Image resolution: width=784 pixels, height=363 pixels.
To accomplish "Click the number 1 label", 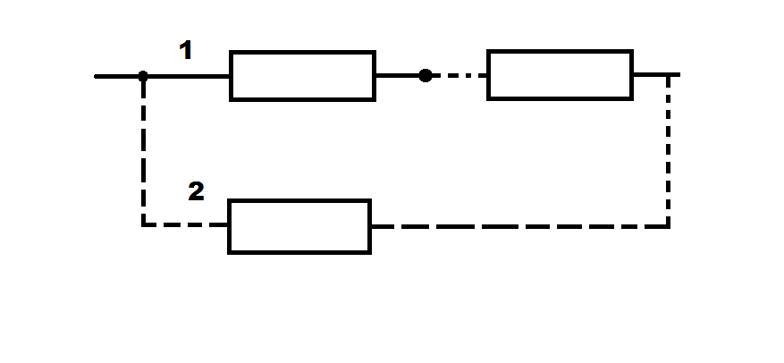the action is (186, 50).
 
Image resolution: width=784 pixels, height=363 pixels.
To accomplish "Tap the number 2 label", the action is (196, 191).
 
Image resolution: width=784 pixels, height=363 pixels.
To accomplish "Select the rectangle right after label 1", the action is (302, 76).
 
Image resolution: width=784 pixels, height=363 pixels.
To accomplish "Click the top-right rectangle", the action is (560, 75).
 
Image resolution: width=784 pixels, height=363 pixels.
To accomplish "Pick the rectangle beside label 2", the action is (299, 226).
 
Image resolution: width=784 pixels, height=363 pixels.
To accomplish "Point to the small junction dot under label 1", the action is (143, 77).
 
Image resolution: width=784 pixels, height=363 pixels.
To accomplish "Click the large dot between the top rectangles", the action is (426, 75).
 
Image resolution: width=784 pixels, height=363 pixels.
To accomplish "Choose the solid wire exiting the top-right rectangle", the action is (656, 74).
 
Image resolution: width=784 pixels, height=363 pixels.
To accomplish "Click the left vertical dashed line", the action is (144, 150).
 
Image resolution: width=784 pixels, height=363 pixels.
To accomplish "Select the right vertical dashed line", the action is (668, 150).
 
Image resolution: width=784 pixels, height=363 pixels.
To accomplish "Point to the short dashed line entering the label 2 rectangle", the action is (186, 225).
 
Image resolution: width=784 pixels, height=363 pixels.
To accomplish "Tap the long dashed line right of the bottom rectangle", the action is (520, 227).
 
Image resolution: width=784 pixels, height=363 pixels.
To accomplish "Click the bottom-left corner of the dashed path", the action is (144, 225).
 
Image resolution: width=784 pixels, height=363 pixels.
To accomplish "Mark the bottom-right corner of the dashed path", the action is (668, 227).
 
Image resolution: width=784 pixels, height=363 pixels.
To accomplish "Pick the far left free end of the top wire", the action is (95, 77).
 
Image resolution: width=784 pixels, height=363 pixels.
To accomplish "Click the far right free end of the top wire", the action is (679, 74).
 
